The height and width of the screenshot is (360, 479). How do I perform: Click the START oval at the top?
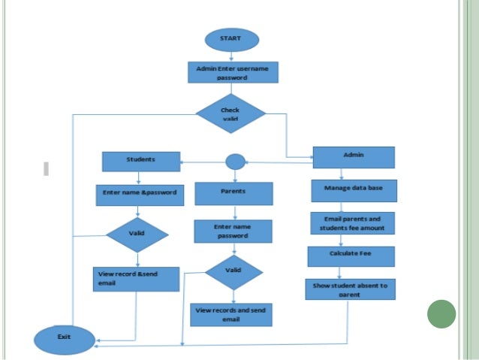pyautogui.click(x=231, y=39)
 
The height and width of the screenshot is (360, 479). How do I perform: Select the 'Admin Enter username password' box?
pyautogui.click(x=232, y=72)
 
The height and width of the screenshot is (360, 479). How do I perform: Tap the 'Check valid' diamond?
pyautogui.click(x=230, y=113)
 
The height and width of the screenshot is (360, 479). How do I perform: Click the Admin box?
pyautogui.click(x=353, y=157)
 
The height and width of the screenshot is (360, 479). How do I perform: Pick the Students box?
pyautogui.click(x=141, y=161)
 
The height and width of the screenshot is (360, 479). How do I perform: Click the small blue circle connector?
pyautogui.click(x=235, y=162)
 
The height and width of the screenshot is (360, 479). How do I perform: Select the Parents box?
pyautogui.click(x=233, y=193)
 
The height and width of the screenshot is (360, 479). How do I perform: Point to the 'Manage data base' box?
pyautogui.click(x=354, y=190)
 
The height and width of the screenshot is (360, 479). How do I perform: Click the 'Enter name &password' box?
pyautogui.click(x=139, y=192)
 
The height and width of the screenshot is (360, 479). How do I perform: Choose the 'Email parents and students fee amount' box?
pyautogui.click(x=352, y=222)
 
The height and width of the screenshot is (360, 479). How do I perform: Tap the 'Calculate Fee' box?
pyautogui.click(x=351, y=256)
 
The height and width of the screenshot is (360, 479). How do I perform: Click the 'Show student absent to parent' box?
pyautogui.click(x=350, y=289)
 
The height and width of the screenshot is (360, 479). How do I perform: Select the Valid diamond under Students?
pyautogui.click(x=137, y=234)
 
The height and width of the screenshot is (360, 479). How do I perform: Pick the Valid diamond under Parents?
pyautogui.click(x=233, y=271)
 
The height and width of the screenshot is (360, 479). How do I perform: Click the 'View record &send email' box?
pyautogui.click(x=136, y=279)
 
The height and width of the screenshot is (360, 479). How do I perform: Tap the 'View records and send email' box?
pyautogui.click(x=230, y=314)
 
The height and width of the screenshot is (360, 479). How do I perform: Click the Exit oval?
pyautogui.click(x=65, y=338)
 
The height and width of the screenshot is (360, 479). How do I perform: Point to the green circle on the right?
pyautogui.click(x=441, y=313)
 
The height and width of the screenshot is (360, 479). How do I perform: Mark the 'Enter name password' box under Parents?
pyautogui.click(x=232, y=230)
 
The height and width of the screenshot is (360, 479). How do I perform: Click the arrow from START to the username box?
pyautogui.click(x=232, y=55)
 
